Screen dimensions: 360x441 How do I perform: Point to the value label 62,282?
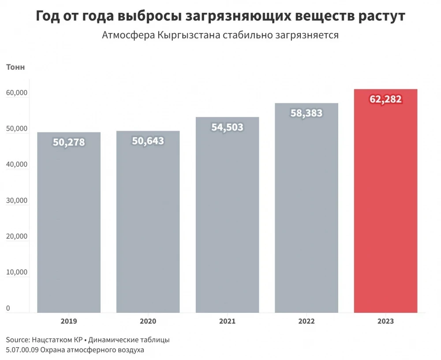385,99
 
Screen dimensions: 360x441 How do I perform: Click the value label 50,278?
69,142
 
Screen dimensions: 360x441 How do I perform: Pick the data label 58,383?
306,113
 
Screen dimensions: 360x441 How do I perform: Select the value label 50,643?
148,141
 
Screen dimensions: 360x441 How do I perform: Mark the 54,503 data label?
227,127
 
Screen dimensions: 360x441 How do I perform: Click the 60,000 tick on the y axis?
17,93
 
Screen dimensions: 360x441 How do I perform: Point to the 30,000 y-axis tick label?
17,200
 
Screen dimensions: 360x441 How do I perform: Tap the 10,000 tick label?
17,272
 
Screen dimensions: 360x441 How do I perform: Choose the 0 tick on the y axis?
8,308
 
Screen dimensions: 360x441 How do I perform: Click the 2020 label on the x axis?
148,322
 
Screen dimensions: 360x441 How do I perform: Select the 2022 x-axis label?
306,322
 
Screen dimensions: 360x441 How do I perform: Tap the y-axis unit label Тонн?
15,67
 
